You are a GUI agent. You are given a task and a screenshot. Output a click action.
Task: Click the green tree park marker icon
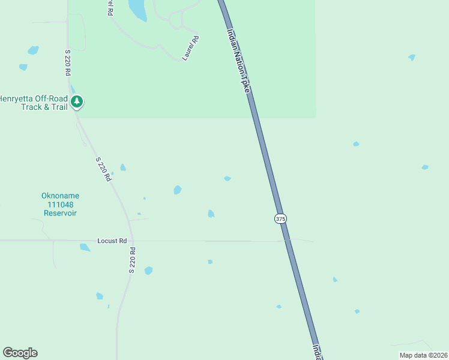[76, 101]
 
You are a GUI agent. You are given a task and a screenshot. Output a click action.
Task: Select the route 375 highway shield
[280, 219]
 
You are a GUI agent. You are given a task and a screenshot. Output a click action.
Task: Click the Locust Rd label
[112, 241]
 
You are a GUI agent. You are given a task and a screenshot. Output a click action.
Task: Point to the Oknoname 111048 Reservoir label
[60, 204]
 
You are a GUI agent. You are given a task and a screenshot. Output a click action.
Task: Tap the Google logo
[20, 353]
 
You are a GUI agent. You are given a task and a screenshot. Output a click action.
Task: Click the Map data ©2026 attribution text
[423, 355]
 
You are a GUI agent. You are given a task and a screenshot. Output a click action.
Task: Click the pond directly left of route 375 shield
[211, 214]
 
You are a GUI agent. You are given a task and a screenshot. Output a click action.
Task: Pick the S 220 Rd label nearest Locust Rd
[132, 261]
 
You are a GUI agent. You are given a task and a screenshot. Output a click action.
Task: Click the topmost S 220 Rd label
[67, 61]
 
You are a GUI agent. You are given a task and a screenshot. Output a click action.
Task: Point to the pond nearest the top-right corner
[412, 58]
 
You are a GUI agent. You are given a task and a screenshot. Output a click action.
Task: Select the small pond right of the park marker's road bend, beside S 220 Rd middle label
[122, 167]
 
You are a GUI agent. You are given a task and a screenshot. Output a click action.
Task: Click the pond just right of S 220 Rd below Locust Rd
[148, 271]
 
